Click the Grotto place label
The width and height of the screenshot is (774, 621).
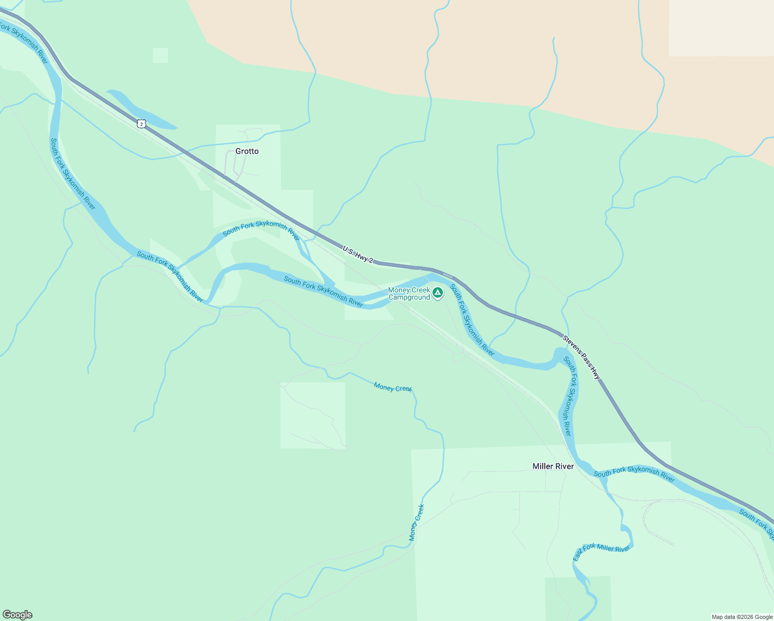point(247,151)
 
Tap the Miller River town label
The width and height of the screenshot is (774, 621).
point(553,466)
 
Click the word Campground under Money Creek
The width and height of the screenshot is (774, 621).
point(409,298)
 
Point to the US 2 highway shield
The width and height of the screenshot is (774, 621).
point(142,123)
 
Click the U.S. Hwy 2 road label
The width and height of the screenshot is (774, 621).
point(358,254)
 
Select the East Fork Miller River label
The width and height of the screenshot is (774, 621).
point(602,552)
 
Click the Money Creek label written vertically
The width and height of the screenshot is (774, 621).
point(416,523)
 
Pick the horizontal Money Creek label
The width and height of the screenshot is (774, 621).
point(393,387)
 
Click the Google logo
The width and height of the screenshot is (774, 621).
point(17,615)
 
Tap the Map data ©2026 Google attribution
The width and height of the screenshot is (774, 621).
point(742,617)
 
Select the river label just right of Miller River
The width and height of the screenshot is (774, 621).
point(634,474)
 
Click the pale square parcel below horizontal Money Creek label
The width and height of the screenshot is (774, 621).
point(312,415)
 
